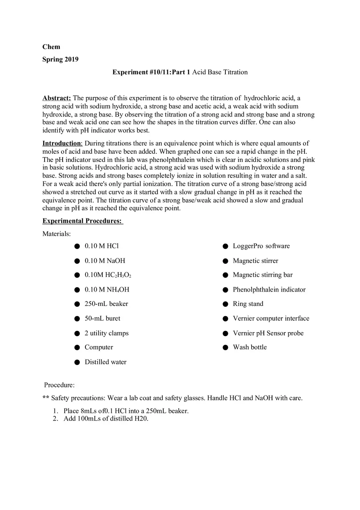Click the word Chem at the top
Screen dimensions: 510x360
pos(51,47)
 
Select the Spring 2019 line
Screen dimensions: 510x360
pos(61,59)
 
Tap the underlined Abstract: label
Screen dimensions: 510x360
pos(56,98)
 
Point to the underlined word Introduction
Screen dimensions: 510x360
pos(62,143)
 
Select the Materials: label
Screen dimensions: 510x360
pos(56,234)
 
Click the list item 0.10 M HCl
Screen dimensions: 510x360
pos(101,246)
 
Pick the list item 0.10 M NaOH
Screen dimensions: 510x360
pos(105,261)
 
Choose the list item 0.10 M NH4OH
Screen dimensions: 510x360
pos(107,290)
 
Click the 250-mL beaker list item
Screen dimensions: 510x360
pos(106,304)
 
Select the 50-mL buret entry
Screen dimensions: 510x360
pos(102,318)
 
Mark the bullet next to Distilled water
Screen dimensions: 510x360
pos(77,362)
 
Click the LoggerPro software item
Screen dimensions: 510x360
pos(261,246)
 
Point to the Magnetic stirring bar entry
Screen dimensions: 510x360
pos(263,275)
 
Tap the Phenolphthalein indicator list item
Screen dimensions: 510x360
pos(269,290)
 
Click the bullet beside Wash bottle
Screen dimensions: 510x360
pos(225,348)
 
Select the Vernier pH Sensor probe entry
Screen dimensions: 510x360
pos(268,333)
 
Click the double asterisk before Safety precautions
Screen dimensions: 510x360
pos(46,398)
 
